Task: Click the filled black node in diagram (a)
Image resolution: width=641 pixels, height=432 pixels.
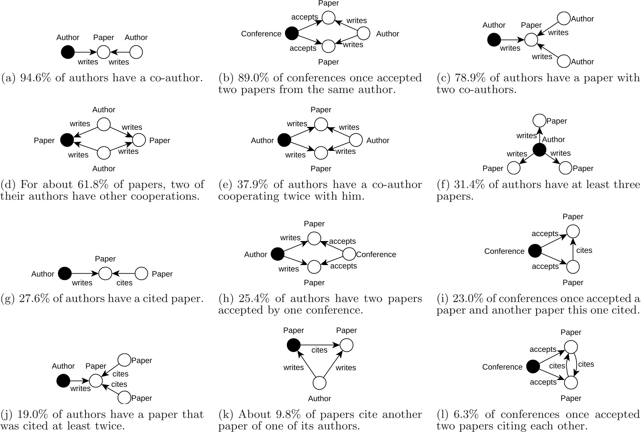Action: (x=68, y=52)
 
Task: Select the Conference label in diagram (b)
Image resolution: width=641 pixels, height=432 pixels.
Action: (x=261, y=34)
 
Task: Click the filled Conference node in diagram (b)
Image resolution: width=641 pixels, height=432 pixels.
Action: (x=292, y=33)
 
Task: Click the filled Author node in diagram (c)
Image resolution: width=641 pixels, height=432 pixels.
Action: (x=494, y=39)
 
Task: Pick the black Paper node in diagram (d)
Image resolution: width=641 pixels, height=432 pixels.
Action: (x=67, y=140)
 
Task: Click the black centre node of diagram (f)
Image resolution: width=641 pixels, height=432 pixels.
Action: (x=539, y=150)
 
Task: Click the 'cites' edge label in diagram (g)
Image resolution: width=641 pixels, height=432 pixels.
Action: (x=124, y=283)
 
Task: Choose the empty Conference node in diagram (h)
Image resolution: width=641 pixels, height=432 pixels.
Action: (x=349, y=254)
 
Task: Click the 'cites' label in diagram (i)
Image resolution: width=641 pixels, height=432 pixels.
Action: (x=584, y=250)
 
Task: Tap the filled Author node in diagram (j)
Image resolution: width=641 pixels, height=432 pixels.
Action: (x=63, y=381)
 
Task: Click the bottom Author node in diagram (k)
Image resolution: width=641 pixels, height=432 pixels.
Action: (x=319, y=383)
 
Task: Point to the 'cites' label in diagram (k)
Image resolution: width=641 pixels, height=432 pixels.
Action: (x=319, y=350)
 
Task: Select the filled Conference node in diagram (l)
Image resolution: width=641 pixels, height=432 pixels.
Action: (x=533, y=366)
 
